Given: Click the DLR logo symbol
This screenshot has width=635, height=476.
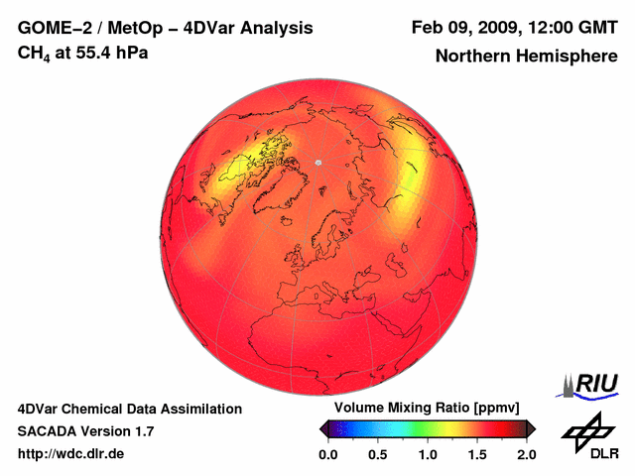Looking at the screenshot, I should point(585,429).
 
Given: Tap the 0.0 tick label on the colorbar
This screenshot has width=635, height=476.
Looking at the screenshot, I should point(328,454).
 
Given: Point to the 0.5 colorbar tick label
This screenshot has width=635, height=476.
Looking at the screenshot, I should point(378,454).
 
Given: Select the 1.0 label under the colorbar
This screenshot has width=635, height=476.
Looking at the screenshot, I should point(428,454).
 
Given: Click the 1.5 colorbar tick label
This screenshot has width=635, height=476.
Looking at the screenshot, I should point(477,454).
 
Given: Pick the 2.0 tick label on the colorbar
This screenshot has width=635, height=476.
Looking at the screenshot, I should point(526,454).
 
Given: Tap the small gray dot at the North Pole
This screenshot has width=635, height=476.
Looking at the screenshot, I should point(318,162).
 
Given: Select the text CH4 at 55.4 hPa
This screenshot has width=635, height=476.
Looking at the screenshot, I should point(83,54).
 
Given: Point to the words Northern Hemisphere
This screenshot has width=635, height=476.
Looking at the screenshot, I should point(526,56).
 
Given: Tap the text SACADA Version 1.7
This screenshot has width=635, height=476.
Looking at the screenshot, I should point(85,431).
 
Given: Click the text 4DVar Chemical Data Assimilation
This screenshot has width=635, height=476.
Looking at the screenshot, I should point(129,409).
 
